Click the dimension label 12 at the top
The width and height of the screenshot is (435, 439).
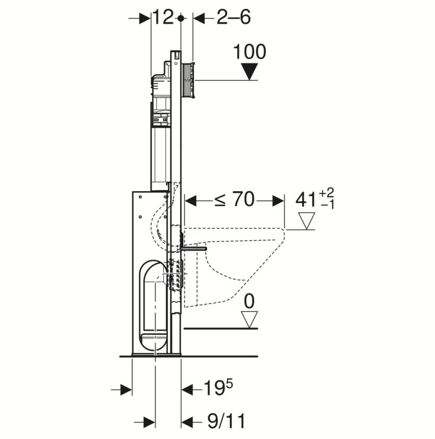164,18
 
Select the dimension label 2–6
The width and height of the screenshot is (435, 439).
233,18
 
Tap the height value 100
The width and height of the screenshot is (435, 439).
249,52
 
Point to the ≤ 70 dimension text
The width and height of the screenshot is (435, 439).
235,199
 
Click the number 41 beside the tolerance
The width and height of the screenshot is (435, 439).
306,200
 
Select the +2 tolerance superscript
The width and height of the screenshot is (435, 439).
327,193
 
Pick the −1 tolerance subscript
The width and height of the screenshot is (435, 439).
327,205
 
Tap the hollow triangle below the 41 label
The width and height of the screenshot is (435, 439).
306,221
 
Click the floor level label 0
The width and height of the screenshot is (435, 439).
249,301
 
